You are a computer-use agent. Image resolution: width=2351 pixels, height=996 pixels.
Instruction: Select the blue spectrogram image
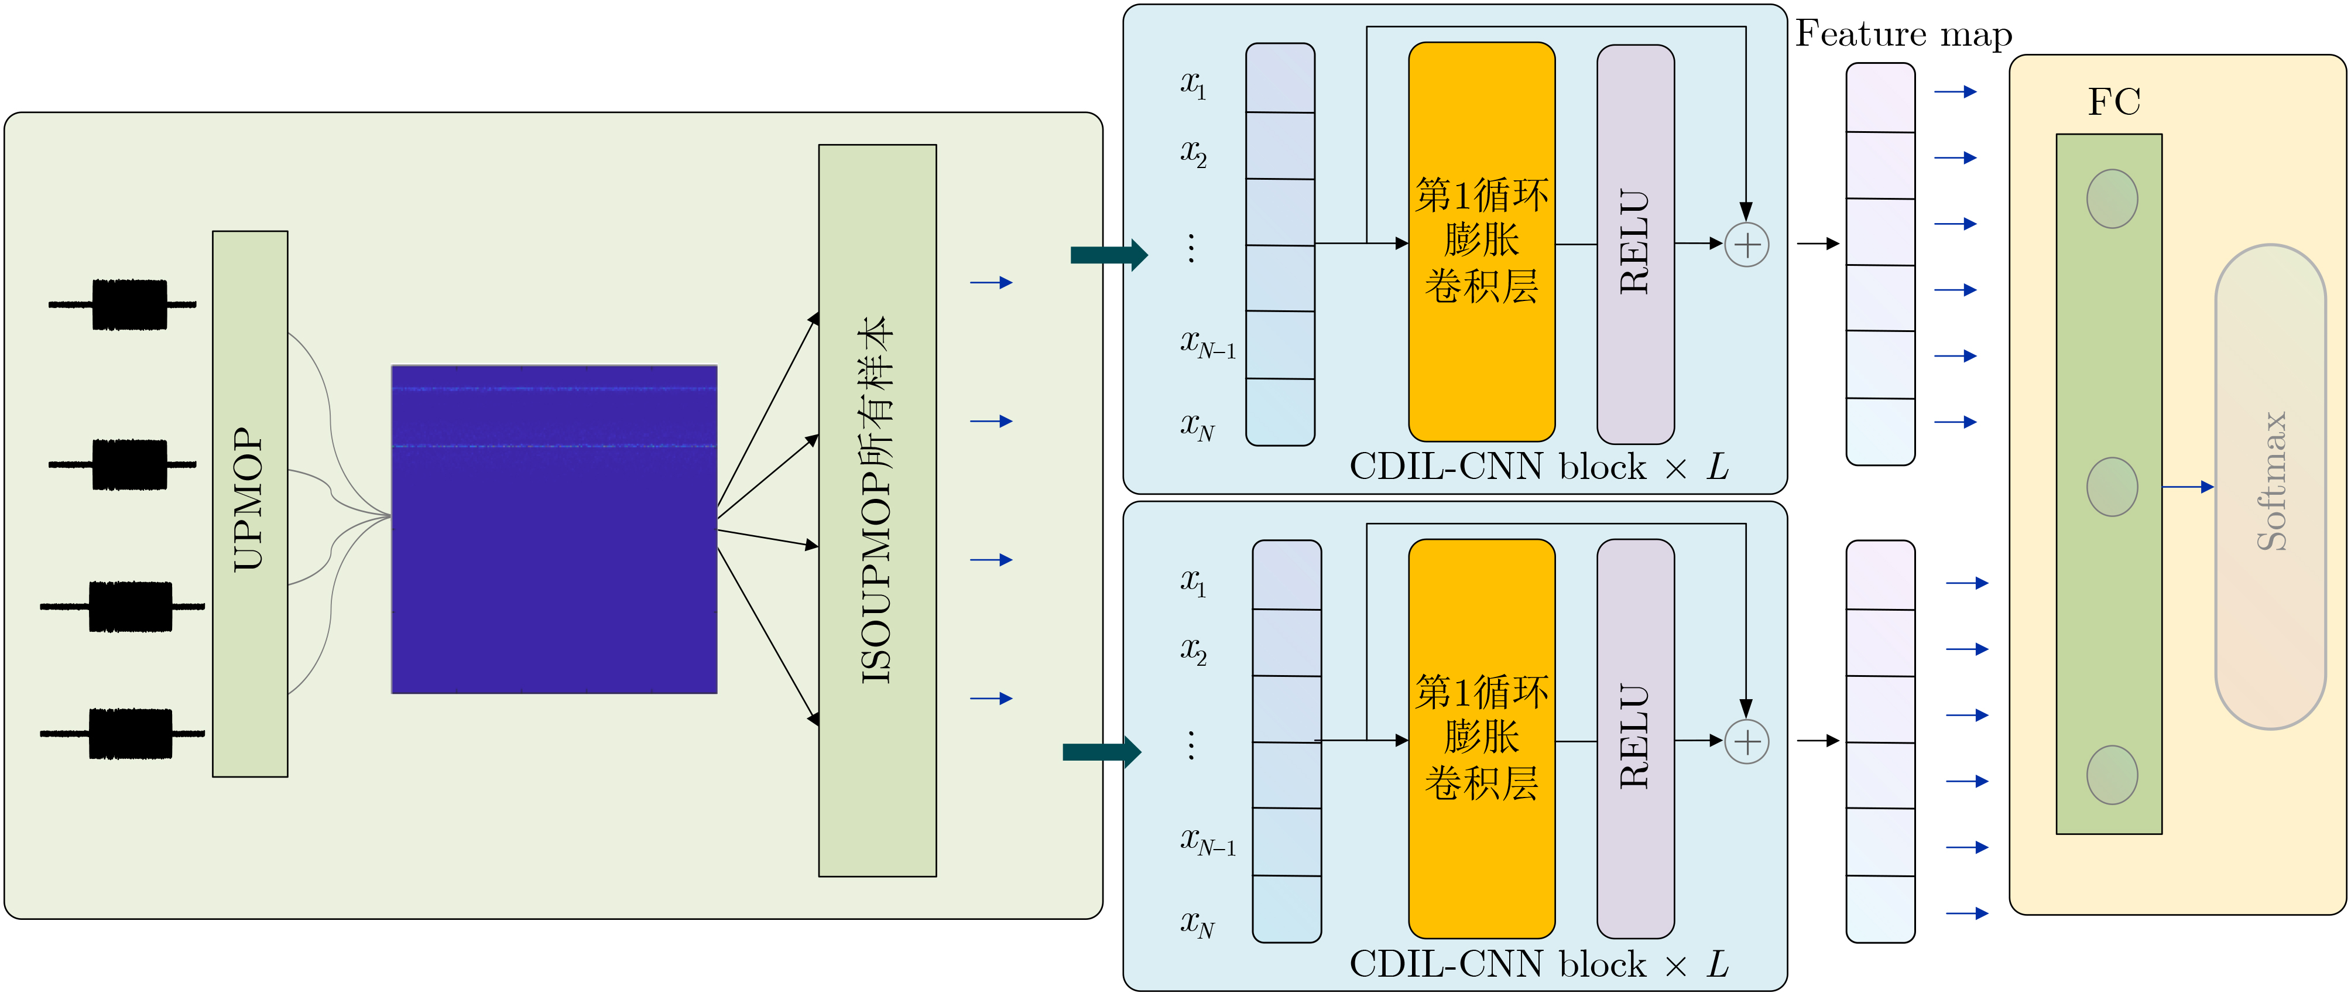click(x=554, y=529)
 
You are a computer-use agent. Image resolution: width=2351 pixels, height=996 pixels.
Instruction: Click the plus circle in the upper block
click(x=1746, y=245)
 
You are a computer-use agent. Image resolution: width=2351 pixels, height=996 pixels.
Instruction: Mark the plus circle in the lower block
click(x=1746, y=741)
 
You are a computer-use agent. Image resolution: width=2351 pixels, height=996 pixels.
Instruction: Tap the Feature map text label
click(x=1903, y=35)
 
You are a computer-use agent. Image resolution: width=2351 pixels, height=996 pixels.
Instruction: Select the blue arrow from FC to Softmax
click(x=2188, y=487)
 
